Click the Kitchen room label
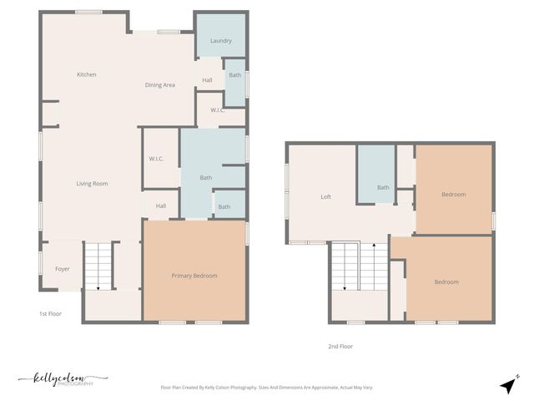click(x=87, y=75)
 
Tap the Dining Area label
click(x=159, y=85)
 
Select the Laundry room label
click(x=221, y=40)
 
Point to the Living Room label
click(x=92, y=184)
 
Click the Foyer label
click(x=63, y=269)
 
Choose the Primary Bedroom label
click(x=194, y=276)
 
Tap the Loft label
click(x=326, y=197)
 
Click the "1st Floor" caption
click(x=50, y=314)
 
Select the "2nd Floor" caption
click(x=340, y=346)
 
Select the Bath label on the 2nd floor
click(x=383, y=187)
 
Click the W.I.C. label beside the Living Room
click(x=156, y=159)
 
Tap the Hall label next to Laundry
click(x=207, y=80)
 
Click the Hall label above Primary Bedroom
click(x=161, y=206)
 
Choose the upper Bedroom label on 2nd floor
click(x=454, y=195)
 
